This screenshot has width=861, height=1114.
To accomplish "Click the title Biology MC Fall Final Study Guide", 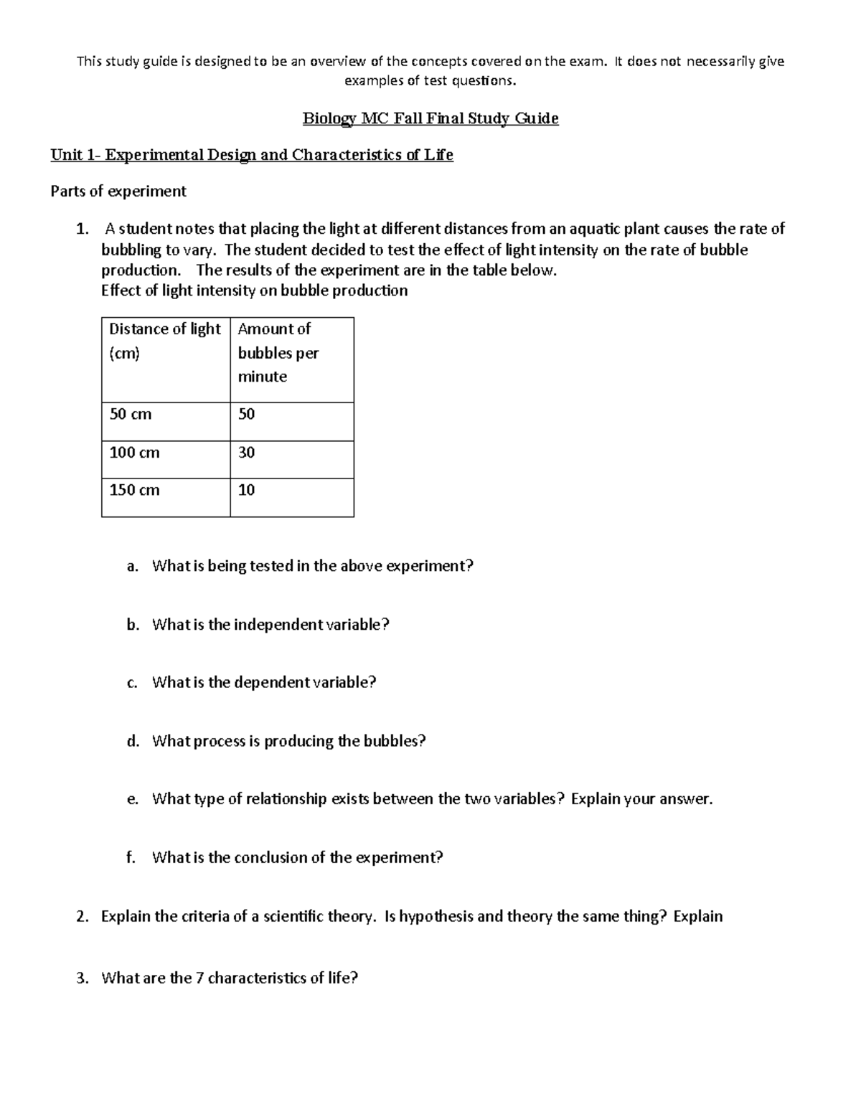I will tap(430, 118).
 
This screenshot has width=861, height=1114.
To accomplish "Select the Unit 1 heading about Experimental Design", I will tap(251, 155).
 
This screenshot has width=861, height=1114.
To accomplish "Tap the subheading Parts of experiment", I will tap(118, 191).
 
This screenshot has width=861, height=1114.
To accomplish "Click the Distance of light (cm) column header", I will tap(165, 341).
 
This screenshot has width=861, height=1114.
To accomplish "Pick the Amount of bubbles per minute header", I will tap(278, 352).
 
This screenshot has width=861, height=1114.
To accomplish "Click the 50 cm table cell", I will tap(130, 415).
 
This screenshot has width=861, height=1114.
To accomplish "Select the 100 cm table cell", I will tap(134, 453).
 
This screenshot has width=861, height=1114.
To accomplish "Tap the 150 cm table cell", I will tap(134, 490).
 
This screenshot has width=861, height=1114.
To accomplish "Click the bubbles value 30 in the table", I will tap(246, 453).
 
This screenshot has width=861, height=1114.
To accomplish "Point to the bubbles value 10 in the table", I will tap(246, 490).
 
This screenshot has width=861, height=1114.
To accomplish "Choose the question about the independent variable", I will tap(270, 625).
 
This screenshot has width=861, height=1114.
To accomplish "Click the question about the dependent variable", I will tap(264, 682).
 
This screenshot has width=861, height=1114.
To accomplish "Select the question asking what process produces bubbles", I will tap(288, 741).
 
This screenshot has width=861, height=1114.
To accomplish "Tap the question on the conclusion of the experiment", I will tap(297, 857).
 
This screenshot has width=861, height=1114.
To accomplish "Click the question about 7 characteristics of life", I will tap(230, 978).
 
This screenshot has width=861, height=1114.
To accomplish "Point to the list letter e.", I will tap(132, 800).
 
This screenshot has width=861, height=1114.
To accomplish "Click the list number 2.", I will tap(82, 917).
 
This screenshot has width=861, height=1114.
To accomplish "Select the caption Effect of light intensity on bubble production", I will tap(254, 291).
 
